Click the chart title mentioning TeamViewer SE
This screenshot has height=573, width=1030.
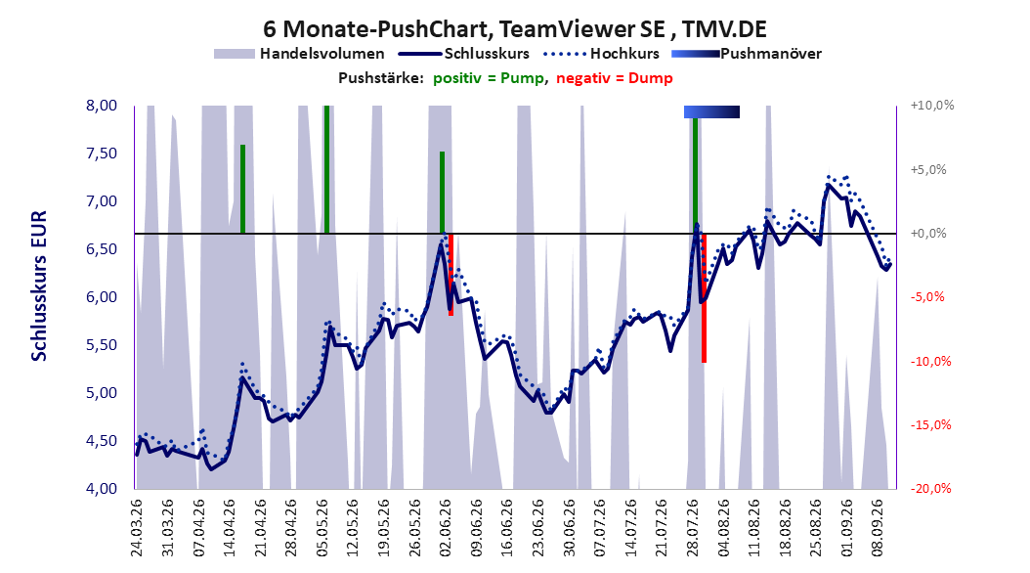pos(515,29)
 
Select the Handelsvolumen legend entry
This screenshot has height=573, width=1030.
pos(300,54)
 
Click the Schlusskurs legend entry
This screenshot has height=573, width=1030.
pos(465,54)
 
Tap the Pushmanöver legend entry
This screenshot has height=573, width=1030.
pos(747,54)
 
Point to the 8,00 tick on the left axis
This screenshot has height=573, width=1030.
pos(102,106)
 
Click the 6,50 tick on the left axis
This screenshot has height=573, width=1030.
pos(102,249)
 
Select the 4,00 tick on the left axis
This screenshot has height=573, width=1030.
pos(102,488)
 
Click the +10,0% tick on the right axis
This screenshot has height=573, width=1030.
pos(932,106)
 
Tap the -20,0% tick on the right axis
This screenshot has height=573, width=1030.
pos(930,488)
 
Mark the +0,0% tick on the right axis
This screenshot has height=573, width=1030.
pos(928,234)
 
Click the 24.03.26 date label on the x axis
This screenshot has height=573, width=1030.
pos(137,528)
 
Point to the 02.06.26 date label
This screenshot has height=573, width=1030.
pos(446,528)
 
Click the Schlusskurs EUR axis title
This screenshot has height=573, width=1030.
pos(39,286)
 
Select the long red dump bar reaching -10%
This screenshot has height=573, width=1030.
pos(704,297)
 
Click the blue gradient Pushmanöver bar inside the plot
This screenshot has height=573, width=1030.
pos(711,111)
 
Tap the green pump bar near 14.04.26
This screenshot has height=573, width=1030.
pos(242,189)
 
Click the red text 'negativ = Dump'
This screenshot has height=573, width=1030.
pos(615,78)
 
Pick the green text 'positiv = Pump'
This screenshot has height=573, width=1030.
pos(488,78)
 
